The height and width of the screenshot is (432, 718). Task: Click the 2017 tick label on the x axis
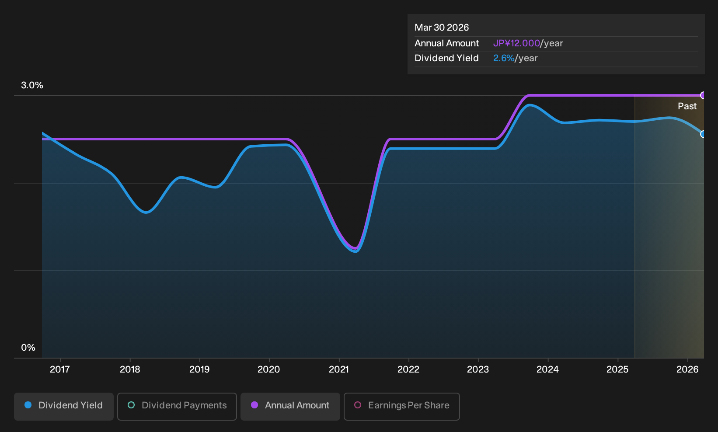pyautogui.click(x=60, y=369)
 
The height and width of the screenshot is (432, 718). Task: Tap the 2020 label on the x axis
pyautogui.click(x=269, y=369)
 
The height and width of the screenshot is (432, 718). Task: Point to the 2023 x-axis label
pyautogui.click(x=478, y=369)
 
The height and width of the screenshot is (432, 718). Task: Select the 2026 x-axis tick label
pyautogui.click(x=687, y=369)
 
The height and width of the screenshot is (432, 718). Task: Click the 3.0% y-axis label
pyautogui.click(x=32, y=85)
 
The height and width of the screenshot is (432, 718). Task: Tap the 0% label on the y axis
pyautogui.click(x=28, y=348)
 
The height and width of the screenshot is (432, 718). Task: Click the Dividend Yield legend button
pyautogui.click(x=64, y=406)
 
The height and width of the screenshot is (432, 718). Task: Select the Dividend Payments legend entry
pyautogui.click(x=177, y=406)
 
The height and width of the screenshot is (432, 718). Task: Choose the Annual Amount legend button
pyautogui.click(x=290, y=406)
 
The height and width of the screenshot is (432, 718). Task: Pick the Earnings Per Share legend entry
pyautogui.click(x=401, y=406)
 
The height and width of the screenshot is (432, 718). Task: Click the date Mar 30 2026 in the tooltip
pyautogui.click(x=442, y=28)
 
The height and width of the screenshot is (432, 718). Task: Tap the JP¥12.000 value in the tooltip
pyautogui.click(x=516, y=43)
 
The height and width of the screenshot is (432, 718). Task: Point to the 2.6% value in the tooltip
pyautogui.click(x=504, y=58)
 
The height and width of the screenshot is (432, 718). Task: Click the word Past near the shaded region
pyautogui.click(x=687, y=106)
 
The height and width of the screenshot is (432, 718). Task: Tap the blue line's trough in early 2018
pyautogui.click(x=146, y=212)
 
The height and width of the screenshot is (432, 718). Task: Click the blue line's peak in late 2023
pyautogui.click(x=530, y=105)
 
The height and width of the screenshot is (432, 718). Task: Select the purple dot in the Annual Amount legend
pyautogui.click(x=254, y=405)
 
